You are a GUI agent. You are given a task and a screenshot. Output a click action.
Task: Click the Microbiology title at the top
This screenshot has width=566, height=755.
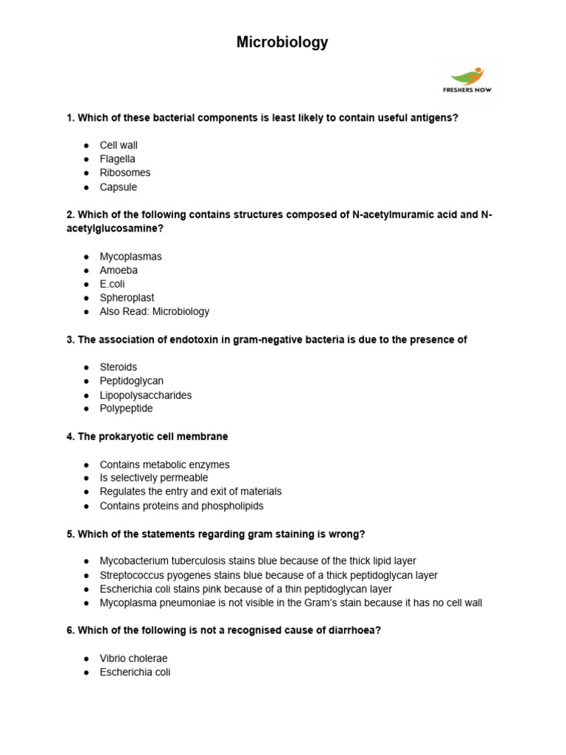click(282, 43)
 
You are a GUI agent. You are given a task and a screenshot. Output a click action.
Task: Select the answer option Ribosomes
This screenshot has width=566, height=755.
click(125, 173)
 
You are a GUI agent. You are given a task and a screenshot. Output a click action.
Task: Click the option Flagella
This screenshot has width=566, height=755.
click(117, 159)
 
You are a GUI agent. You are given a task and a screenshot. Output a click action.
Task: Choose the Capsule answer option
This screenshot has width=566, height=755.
click(118, 187)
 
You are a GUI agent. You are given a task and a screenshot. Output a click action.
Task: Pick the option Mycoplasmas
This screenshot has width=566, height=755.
click(130, 257)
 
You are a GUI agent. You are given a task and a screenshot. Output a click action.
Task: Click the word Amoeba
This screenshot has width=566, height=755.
click(119, 271)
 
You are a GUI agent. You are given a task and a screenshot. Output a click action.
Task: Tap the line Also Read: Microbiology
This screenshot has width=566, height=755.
click(154, 311)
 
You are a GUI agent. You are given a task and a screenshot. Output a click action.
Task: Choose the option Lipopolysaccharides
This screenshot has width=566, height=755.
click(145, 395)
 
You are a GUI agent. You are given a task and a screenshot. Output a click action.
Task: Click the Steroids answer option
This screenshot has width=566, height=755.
click(118, 367)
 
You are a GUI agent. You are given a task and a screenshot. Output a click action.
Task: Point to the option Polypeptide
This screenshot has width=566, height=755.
click(126, 408)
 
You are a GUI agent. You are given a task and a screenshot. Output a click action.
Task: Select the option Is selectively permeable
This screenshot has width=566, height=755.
click(153, 478)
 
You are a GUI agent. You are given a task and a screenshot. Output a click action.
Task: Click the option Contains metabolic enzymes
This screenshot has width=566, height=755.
click(164, 465)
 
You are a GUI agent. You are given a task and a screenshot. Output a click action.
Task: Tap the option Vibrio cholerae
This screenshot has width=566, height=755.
click(133, 658)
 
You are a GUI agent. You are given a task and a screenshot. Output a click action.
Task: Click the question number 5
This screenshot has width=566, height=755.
click(70, 534)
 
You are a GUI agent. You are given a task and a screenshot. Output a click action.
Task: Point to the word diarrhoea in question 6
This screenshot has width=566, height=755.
click(353, 631)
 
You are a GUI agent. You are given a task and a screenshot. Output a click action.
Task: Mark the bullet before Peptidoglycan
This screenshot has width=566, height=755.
click(86, 381)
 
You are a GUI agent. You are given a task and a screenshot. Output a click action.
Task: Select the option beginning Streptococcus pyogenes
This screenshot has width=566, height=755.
click(268, 575)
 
